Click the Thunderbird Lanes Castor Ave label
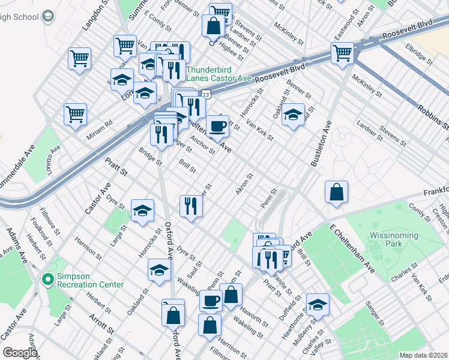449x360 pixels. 218,73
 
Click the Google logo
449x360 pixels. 20,353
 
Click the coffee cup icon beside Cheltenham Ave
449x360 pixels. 217,126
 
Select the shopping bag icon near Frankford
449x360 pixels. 337,193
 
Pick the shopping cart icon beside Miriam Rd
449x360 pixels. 76,113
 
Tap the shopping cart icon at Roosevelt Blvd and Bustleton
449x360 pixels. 342,52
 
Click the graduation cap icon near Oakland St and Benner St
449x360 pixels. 294,114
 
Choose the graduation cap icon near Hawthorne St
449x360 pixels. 318,304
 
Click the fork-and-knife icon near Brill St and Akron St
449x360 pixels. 191,206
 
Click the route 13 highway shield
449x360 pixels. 206,95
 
